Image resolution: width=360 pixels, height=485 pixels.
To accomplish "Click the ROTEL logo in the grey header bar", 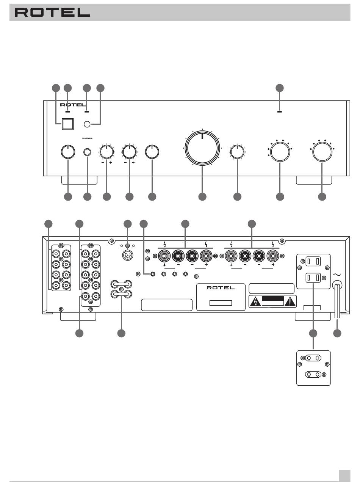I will click(52, 13).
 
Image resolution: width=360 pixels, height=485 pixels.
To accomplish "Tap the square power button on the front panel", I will click(67, 124).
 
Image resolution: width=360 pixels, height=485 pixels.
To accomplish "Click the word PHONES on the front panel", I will click(87, 138).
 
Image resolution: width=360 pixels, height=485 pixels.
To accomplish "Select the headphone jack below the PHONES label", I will click(88, 152).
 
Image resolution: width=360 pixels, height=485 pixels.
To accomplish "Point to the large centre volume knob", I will click(202, 148).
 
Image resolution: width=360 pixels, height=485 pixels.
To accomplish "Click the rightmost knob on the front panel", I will click(322, 151).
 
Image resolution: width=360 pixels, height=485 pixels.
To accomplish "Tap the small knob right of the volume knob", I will click(237, 152).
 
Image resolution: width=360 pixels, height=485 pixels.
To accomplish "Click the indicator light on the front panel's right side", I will click(279, 112).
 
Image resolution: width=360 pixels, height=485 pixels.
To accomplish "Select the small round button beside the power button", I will click(87, 124).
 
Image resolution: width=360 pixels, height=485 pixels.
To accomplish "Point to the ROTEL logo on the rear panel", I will click(221, 288).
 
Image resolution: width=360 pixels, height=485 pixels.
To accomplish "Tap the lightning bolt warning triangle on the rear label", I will click(254, 302).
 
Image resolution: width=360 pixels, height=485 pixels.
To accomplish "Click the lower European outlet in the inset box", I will click(313, 374).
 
